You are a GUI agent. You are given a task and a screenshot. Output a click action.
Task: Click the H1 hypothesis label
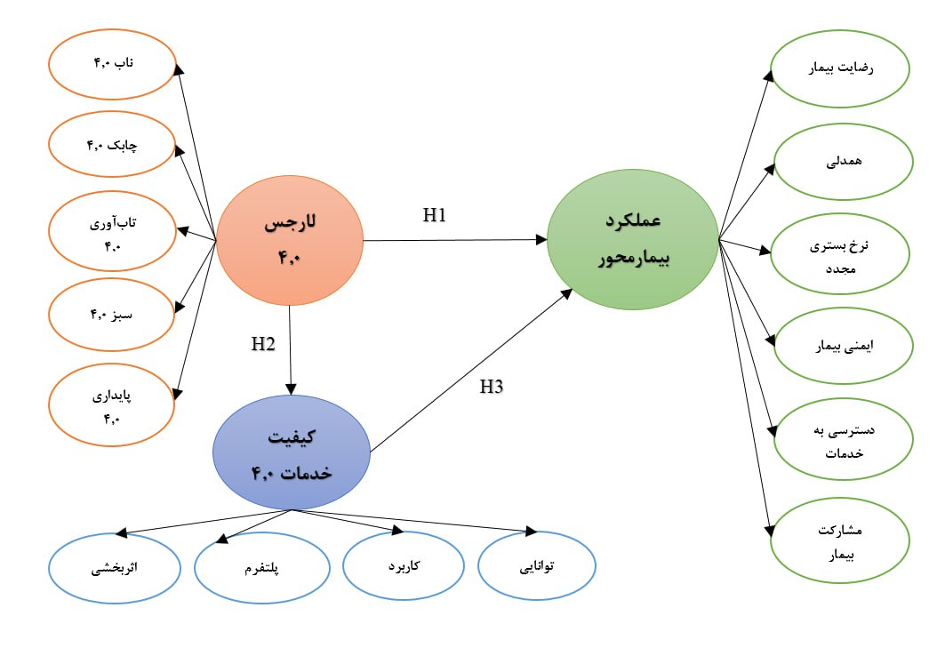pyautogui.click(x=434, y=215)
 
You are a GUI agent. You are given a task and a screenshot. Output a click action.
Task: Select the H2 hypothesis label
pyautogui.click(x=262, y=344)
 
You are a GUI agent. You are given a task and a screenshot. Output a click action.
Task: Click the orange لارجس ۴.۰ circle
pyautogui.click(x=290, y=240)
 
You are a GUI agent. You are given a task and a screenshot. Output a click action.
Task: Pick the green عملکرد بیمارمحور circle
pyautogui.click(x=632, y=239)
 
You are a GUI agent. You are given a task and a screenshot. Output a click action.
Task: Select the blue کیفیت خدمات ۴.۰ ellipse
pyautogui.click(x=292, y=452)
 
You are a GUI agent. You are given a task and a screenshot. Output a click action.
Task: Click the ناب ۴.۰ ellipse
pyautogui.click(x=112, y=63)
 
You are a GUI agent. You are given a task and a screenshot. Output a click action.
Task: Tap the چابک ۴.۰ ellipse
pyautogui.click(x=112, y=145)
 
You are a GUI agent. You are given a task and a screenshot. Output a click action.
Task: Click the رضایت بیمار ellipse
pyautogui.click(x=840, y=68)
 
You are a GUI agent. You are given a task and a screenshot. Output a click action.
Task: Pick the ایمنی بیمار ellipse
pyautogui.click(x=840, y=345)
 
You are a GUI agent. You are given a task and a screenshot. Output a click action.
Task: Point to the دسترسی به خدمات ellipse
pyautogui.click(x=840, y=441)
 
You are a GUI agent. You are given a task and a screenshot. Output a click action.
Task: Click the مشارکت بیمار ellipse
pyautogui.click(x=840, y=541)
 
